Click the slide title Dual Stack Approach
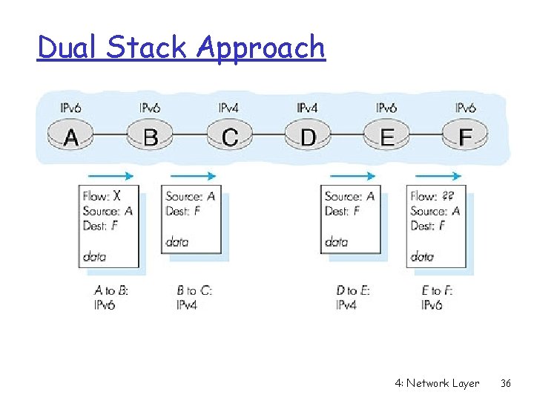pyautogui.click(x=181, y=48)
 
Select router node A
pyautogui.click(x=72, y=137)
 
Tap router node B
pyautogui.click(x=151, y=137)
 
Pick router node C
pyautogui.click(x=230, y=137)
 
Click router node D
pyautogui.click(x=308, y=137)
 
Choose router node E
pyautogui.click(x=386, y=137)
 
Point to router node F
pyautogui.click(x=466, y=137)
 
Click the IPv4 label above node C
pyautogui.click(x=228, y=108)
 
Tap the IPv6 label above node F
pyautogui.click(x=466, y=108)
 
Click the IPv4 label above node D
pyautogui.click(x=307, y=108)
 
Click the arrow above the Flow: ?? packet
pyautogui.click(x=438, y=176)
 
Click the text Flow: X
pyautogui.click(x=102, y=196)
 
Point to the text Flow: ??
pyautogui.click(x=432, y=196)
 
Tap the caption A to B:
pyautogui.click(x=111, y=290)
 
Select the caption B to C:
pyautogui.click(x=194, y=290)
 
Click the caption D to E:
pyautogui.click(x=353, y=290)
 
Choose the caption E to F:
pyautogui.click(x=437, y=290)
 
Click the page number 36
pyautogui.click(x=506, y=383)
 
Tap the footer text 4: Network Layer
pyautogui.click(x=437, y=383)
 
